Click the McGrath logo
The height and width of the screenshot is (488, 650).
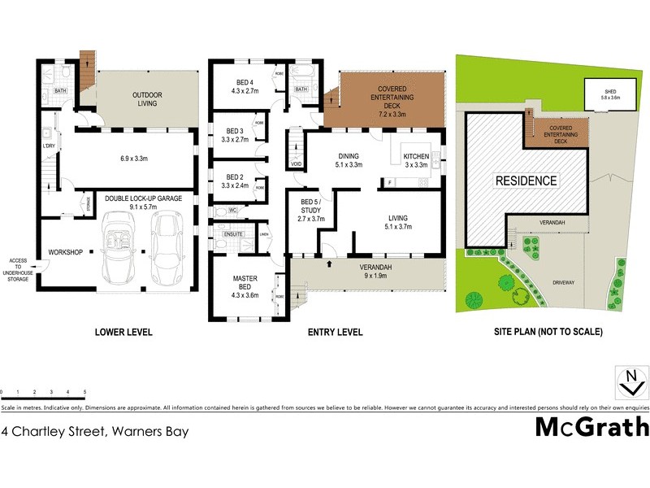(x=591, y=427)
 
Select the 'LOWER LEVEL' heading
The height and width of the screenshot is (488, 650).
(x=123, y=332)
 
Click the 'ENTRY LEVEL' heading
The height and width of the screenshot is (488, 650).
(x=336, y=332)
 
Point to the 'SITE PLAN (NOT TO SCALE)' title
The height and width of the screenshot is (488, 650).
(x=548, y=332)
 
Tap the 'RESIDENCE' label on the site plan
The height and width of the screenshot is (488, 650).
(x=527, y=181)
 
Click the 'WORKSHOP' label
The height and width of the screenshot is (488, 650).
(x=66, y=252)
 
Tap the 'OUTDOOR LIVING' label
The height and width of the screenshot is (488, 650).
(x=147, y=99)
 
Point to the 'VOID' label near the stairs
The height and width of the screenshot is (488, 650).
(x=296, y=163)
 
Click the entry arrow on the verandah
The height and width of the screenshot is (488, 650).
(x=329, y=264)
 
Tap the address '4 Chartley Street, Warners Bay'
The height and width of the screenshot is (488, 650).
(x=96, y=431)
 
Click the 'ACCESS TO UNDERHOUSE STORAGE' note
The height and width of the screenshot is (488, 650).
(x=18, y=269)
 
